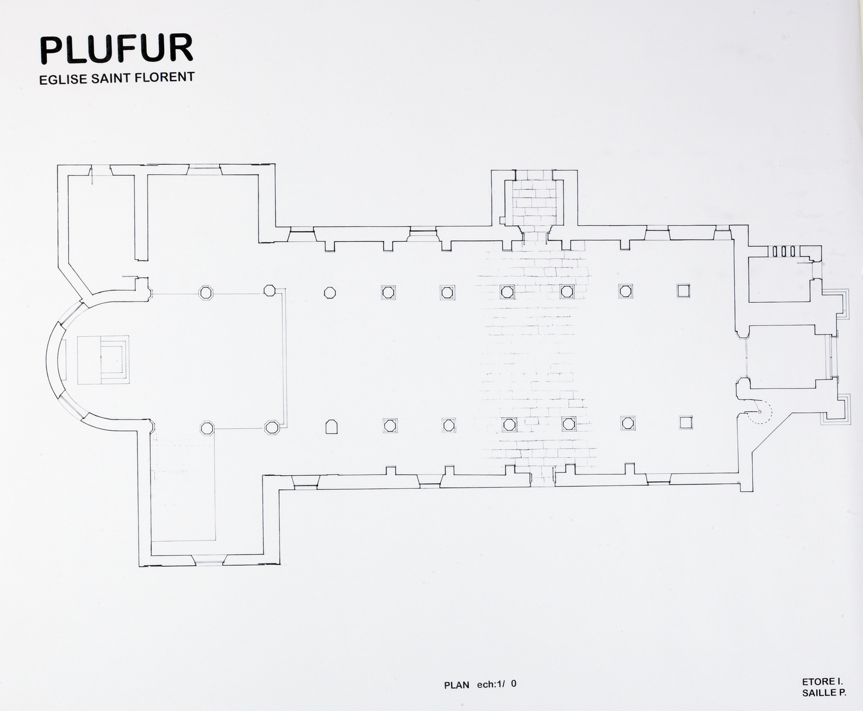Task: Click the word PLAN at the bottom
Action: click(x=457, y=686)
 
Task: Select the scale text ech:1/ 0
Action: click(x=497, y=684)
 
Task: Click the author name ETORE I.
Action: click(x=823, y=682)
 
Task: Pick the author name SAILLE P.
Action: click(x=824, y=693)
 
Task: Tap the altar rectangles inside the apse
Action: click(x=103, y=360)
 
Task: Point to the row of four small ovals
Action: click(x=783, y=251)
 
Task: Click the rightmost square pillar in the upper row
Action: click(x=684, y=290)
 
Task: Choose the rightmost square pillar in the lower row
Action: click(x=686, y=422)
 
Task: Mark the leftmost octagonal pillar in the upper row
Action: click(x=206, y=293)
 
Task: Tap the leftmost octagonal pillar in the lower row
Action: click(x=207, y=427)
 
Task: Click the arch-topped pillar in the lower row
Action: click(x=331, y=426)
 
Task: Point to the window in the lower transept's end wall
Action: click(x=209, y=559)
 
